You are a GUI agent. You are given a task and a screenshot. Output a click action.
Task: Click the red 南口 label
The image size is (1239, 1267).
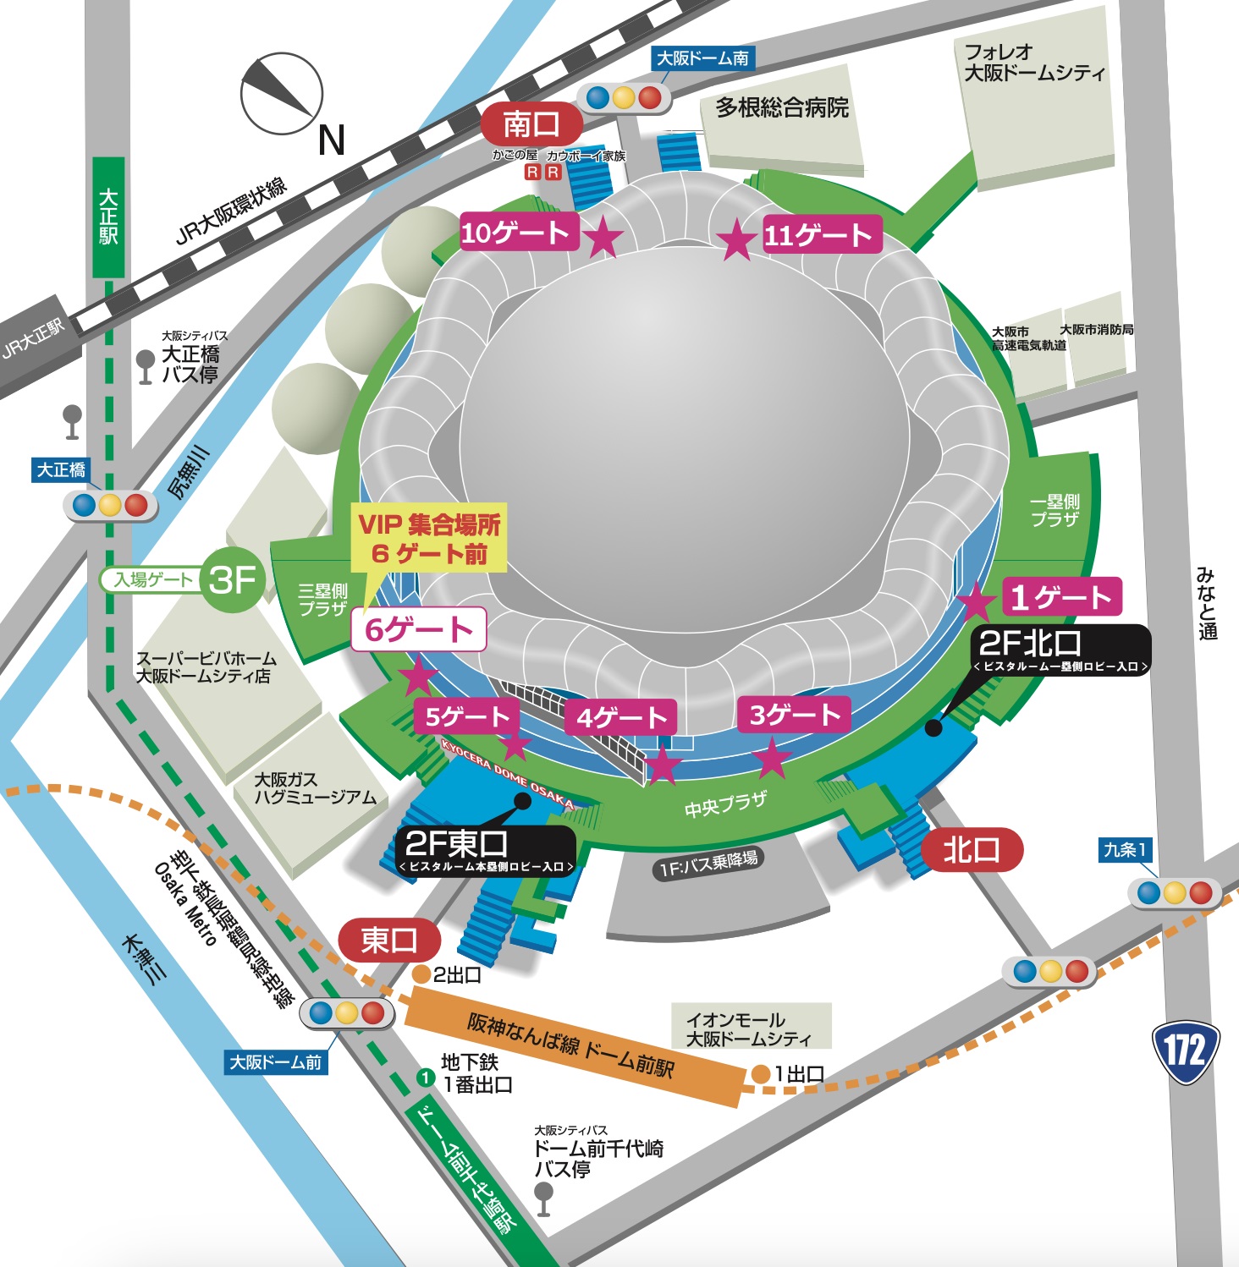coord(531,124)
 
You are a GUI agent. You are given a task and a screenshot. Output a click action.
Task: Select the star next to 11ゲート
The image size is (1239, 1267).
coord(737,240)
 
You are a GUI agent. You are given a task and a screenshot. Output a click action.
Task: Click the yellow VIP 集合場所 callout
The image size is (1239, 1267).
coord(429,538)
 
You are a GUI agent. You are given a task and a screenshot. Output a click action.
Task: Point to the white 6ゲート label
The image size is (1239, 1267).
coord(418,630)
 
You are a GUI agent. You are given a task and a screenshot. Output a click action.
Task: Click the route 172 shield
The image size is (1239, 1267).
coord(1186,1051)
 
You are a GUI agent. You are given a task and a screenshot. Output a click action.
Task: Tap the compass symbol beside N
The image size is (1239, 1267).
coord(282,94)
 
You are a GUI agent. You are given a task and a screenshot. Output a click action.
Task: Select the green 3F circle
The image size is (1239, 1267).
coord(232,580)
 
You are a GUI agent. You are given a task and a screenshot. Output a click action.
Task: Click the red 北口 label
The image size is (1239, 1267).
coord(972,850)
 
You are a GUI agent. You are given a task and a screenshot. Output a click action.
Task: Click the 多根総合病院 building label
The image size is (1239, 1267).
coord(782,108)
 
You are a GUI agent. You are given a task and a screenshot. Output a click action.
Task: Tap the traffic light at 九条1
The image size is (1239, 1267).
coord(1174,892)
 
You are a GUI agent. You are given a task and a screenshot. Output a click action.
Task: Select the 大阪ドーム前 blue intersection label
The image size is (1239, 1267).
coord(276,1062)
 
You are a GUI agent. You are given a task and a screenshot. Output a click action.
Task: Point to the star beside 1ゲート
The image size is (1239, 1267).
coord(976,601)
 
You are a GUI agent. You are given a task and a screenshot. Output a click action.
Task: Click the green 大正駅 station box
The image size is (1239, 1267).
coord(108,217)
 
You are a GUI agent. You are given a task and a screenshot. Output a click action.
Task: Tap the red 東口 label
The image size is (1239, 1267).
coord(389,940)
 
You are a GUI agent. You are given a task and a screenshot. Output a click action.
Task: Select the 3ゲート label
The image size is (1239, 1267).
coord(793,716)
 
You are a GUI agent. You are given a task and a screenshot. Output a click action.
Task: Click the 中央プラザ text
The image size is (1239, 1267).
coord(725,804)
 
